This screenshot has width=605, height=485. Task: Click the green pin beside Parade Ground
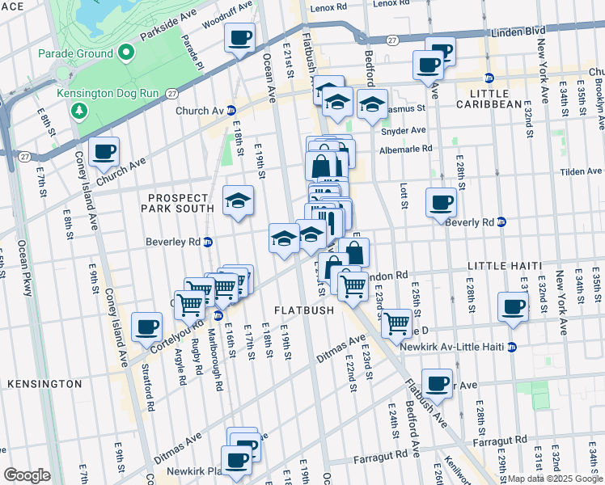coord(125,54)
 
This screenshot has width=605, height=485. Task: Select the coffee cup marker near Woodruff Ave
coord(240,38)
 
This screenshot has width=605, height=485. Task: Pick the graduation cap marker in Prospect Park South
coord(238,201)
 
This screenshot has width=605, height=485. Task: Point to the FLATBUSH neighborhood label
coord(303,310)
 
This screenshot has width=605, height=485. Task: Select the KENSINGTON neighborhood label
coord(44,383)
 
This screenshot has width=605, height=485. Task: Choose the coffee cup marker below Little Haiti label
coord(513,307)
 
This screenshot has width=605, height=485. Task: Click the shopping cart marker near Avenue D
coord(396,323)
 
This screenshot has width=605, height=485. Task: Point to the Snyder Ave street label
coord(403,130)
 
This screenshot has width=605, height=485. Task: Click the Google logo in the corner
coord(27,474)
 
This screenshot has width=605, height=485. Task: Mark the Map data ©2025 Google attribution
coord(554,479)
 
